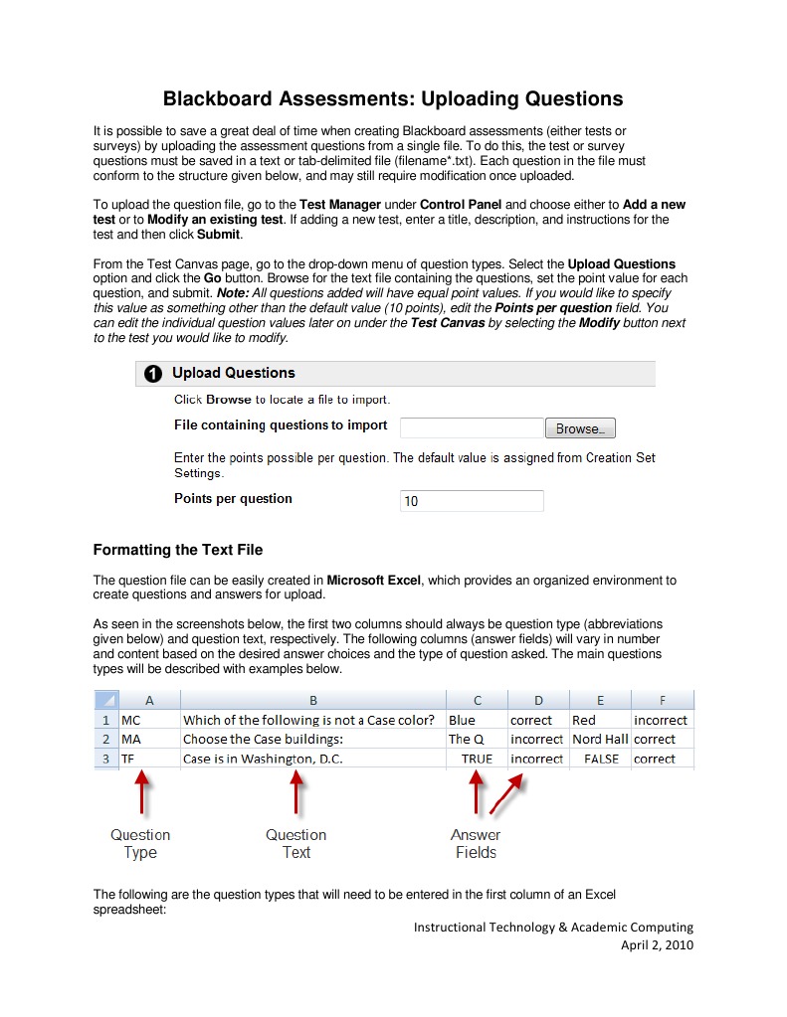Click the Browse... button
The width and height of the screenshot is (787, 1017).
pos(580,428)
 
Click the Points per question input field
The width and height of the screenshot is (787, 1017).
pos(472,501)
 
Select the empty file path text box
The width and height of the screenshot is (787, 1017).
pos(472,428)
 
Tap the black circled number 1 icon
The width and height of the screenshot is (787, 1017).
pos(153,374)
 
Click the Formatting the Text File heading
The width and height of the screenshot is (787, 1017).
pos(177,550)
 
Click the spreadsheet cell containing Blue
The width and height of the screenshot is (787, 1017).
pos(477,719)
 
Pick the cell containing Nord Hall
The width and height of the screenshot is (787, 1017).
pos(600,739)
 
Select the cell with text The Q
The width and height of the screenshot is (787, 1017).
pos(477,739)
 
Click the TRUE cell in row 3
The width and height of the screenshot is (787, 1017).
pos(477,759)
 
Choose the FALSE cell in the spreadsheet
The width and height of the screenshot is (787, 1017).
pos(600,759)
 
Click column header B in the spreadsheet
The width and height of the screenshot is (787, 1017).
pos(312,700)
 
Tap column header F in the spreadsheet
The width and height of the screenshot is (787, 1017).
pos(662,700)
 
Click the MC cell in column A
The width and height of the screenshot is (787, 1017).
pos(147,719)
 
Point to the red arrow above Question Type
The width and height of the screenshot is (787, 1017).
pos(142,794)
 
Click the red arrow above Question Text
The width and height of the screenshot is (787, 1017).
pos(295,794)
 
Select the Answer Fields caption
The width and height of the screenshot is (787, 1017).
pos(476,843)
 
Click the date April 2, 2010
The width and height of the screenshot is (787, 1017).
pos(657,944)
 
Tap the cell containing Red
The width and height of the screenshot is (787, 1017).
pos(600,719)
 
